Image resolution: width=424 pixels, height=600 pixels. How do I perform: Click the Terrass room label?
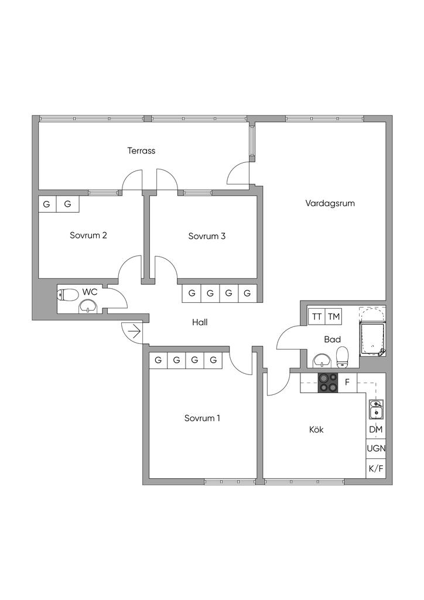tap(141, 151)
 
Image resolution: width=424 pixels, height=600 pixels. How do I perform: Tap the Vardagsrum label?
tap(330, 203)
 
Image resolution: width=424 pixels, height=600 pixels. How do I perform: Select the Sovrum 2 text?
tap(88, 236)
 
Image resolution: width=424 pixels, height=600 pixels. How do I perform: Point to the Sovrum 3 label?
tap(207, 236)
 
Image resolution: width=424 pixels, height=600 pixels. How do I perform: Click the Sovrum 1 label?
tap(202, 418)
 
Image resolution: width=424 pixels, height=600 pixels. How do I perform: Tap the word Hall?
tap(200, 322)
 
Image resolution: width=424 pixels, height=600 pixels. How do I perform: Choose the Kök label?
tap(316, 429)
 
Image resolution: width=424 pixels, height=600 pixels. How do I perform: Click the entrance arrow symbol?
tap(134, 332)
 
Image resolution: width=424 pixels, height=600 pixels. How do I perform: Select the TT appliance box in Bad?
tap(317, 317)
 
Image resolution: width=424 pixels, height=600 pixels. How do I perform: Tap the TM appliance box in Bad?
tap(334, 317)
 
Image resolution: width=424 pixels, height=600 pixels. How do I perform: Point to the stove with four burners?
tap(328, 383)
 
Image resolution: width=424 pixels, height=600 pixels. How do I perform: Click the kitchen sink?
tap(376, 410)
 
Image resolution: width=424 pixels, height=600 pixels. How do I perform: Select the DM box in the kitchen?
tap(376, 429)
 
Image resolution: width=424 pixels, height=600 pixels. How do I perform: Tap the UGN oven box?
tap(376, 449)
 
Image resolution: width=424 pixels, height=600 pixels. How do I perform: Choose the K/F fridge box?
tap(376, 469)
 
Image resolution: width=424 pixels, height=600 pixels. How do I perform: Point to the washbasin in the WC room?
tap(88, 306)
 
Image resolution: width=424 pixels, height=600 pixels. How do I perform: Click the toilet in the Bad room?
tap(343, 356)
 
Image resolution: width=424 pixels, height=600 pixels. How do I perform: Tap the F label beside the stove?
tap(347, 383)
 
